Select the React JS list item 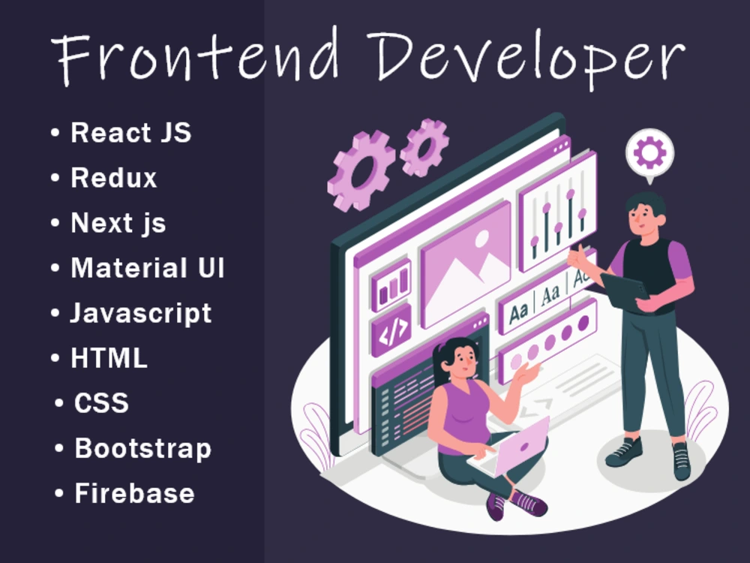tap(130, 133)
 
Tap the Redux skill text tap(113, 178)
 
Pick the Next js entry tap(118, 223)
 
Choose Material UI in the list tap(147, 268)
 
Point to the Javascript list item tap(141, 313)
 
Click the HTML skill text tap(109, 358)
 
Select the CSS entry tap(101, 403)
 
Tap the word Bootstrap tap(142, 448)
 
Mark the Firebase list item tap(134, 493)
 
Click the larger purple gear tap(361, 170)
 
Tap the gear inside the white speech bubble tap(649, 152)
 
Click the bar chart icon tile tap(391, 286)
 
